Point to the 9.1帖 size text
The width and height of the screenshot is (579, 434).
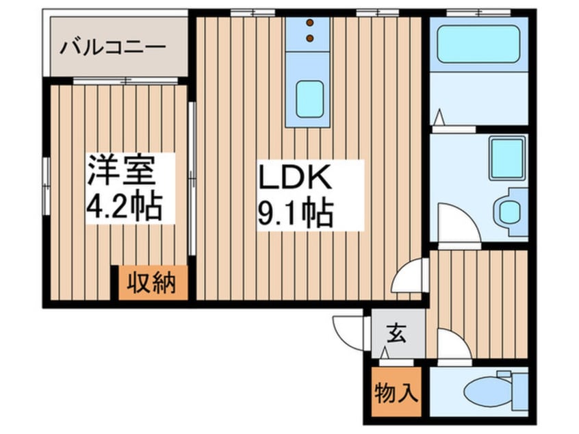coord(294,214)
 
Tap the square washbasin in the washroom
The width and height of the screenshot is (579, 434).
coord(506,158)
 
